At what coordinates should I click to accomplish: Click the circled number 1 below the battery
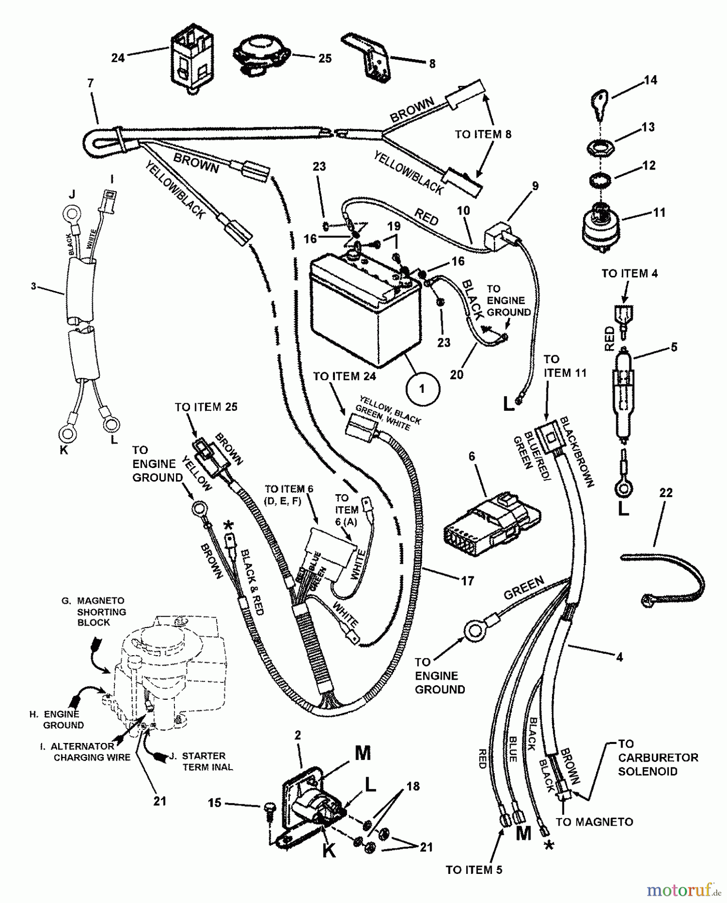coord(422,389)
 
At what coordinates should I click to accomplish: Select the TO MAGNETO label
coord(594,822)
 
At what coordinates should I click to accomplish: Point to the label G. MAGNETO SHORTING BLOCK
coord(94,611)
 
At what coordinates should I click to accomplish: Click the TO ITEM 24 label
coord(344,376)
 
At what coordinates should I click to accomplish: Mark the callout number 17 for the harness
coord(467,581)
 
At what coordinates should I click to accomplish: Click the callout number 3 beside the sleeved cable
coord(34,286)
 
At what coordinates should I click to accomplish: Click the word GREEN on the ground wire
coord(523,587)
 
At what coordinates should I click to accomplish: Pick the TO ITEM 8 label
coord(483,134)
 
